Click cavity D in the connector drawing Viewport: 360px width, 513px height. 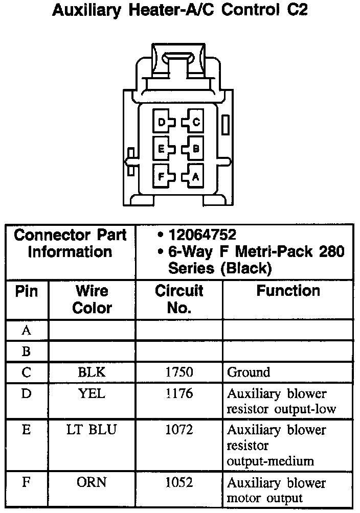(162, 122)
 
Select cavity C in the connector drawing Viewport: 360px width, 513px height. (195, 122)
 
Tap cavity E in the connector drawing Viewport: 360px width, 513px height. (162, 149)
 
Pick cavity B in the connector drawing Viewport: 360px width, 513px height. (195, 149)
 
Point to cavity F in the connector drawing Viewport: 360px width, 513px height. (162, 177)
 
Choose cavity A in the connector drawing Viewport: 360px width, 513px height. (195, 177)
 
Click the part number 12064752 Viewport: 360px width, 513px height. (202, 235)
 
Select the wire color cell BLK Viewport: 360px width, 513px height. (92, 372)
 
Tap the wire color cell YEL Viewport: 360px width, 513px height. (92, 394)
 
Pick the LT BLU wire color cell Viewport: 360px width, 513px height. (92, 430)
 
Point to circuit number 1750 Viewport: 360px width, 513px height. (179, 372)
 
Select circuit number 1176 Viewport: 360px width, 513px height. (179, 394)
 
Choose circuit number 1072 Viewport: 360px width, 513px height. (179, 430)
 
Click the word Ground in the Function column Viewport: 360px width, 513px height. (249, 372)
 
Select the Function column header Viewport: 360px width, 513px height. (288, 291)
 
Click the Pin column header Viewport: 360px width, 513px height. (27, 291)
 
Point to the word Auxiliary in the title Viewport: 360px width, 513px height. (87, 10)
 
